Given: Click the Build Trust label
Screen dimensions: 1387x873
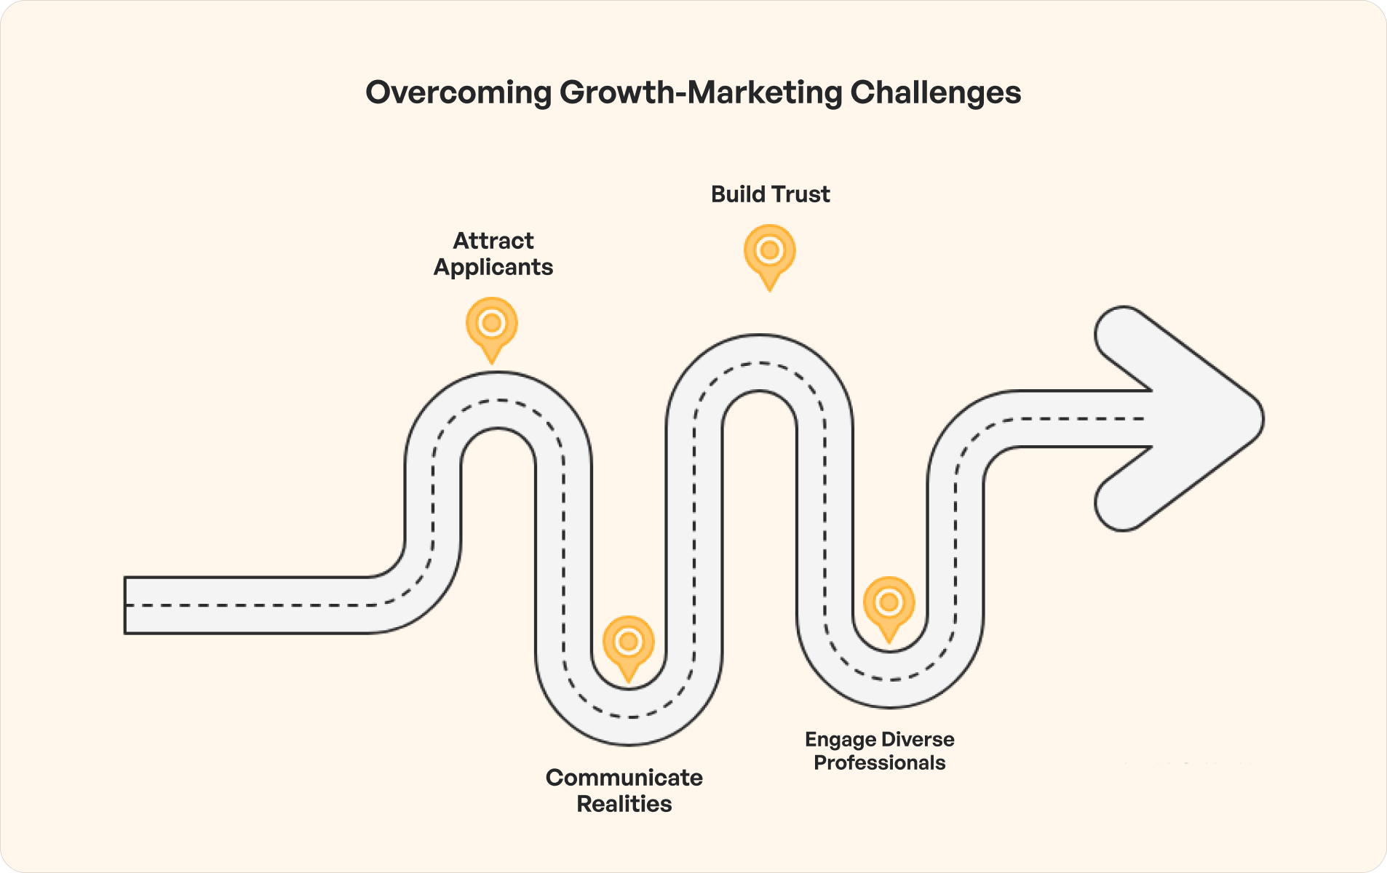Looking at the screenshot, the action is click(770, 194).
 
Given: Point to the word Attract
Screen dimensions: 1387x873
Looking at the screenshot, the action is click(493, 241).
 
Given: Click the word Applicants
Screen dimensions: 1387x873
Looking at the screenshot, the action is click(493, 267).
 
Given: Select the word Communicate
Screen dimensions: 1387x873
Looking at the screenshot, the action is click(624, 778).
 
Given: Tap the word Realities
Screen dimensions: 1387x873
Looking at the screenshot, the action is click(624, 804).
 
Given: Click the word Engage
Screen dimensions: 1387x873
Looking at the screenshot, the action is click(840, 740).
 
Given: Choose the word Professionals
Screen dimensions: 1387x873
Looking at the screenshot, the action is click(879, 762).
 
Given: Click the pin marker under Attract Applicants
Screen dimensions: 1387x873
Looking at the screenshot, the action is click(492, 325).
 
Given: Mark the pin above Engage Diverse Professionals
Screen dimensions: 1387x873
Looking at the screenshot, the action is click(889, 605).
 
